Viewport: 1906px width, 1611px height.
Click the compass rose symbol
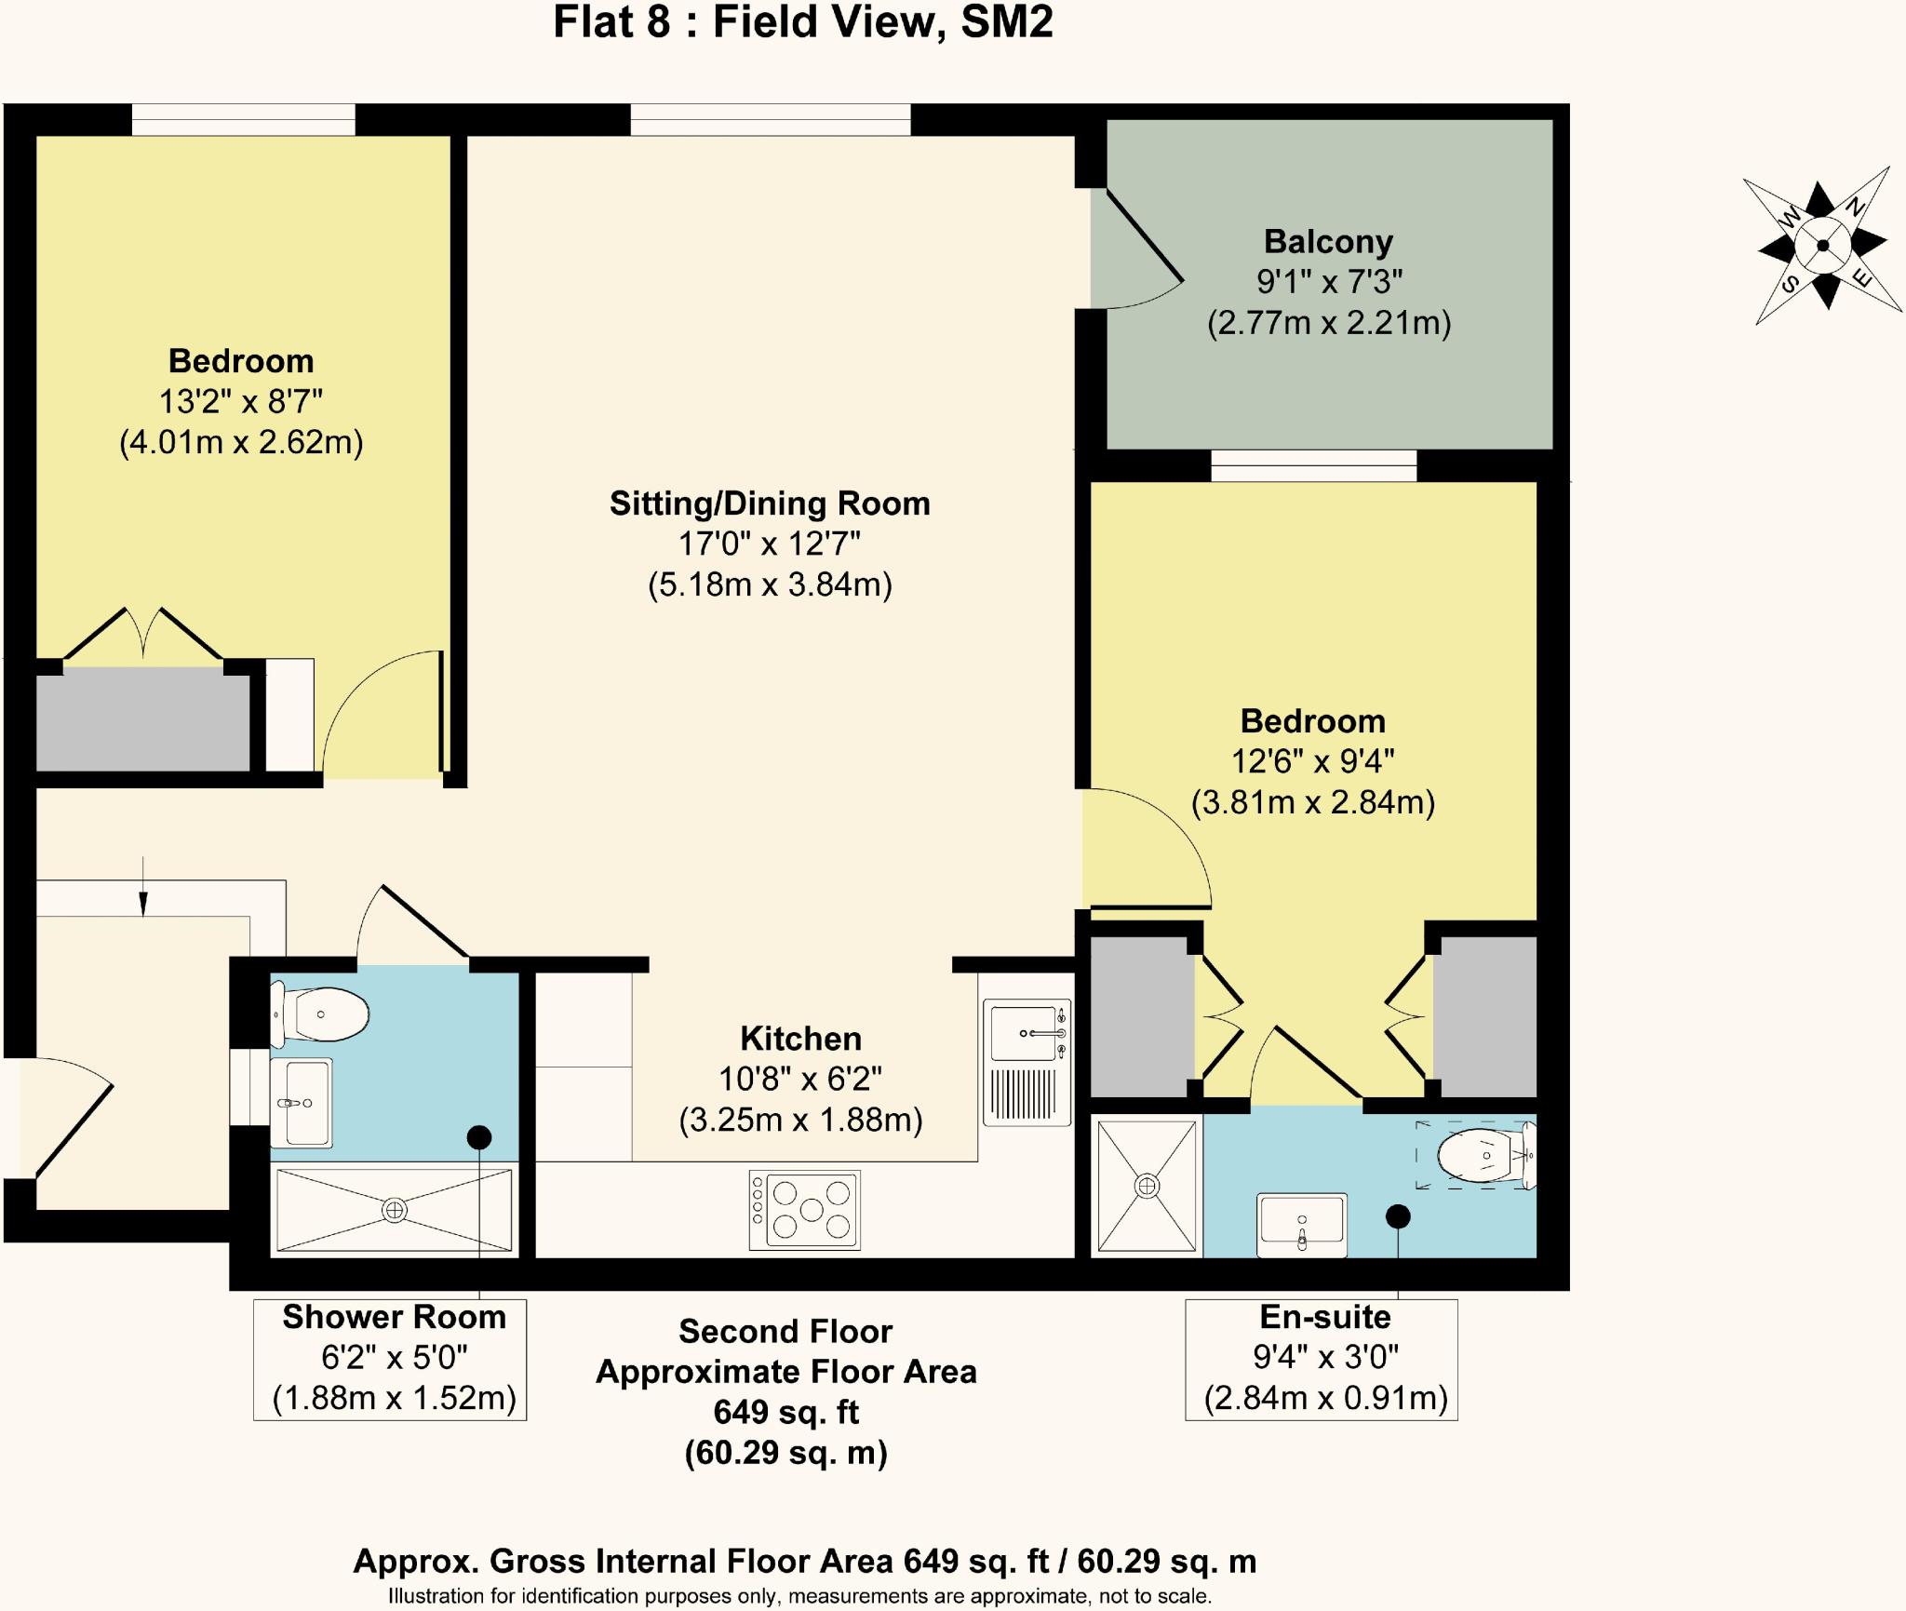pos(1822,246)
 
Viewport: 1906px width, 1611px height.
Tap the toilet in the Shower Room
pos(319,1014)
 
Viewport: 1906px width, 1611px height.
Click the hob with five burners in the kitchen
pos(805,1210)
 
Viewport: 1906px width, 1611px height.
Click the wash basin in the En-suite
pos(1301,1225)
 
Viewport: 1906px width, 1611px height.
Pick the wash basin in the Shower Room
pos(301,1103)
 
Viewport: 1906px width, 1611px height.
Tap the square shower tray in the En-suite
pos(1147,1186)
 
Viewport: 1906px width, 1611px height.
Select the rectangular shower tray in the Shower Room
pos(395,1210)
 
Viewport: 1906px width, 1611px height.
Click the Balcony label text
pos(1328,241)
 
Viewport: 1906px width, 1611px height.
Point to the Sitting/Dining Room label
pos(770,503)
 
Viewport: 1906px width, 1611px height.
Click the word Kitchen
pos(800,1038)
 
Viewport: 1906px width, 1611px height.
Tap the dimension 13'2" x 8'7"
pos(241,401)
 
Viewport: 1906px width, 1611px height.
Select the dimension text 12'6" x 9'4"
pos(1312,761)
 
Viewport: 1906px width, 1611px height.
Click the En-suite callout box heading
pos(1325,1316)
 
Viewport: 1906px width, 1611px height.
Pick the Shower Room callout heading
pos(394,1317)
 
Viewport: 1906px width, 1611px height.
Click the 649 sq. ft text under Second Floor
pos(785,1412)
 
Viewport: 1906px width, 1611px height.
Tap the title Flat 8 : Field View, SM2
pos(803,22)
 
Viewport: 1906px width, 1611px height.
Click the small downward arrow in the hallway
pos(143,886)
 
